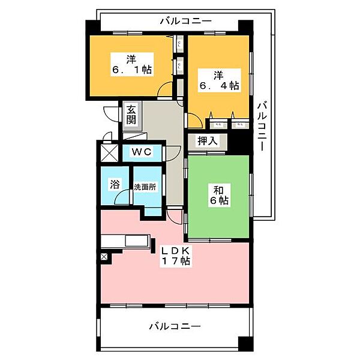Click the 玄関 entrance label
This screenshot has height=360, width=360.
131,115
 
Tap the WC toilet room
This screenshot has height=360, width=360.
142,152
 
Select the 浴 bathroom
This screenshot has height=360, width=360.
113,185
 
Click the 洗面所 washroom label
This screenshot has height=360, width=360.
145,187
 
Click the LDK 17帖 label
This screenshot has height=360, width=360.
175,255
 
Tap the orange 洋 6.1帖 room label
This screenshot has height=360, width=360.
130,64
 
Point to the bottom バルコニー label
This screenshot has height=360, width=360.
174,326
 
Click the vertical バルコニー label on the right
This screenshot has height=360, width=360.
262,127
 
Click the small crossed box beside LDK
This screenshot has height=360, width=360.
104,257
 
